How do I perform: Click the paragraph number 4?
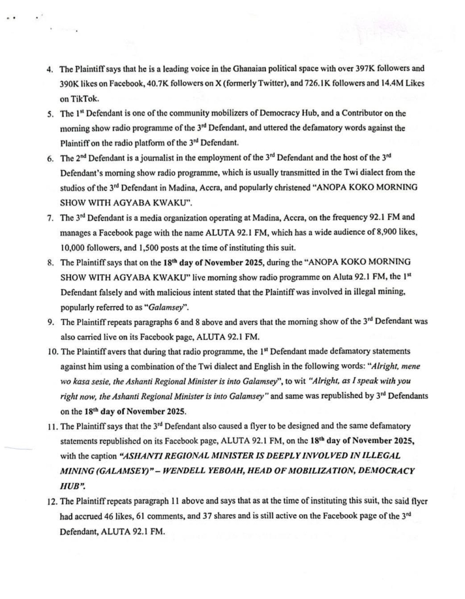point(49,69)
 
